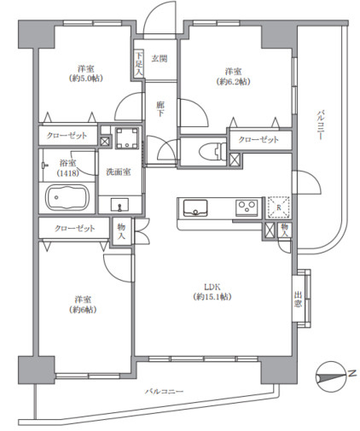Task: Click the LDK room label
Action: [212, 292]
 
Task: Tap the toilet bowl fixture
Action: [211, 151]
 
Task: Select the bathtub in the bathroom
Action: [67, 197]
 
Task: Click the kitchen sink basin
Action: [195, 208]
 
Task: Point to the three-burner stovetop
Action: [247, 207]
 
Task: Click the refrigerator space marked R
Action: [278, 207]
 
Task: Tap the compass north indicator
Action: [331, 376]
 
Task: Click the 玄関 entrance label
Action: [160, 59]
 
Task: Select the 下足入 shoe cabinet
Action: [138, 64]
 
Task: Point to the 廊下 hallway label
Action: [160, 109]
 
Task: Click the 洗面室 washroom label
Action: [119, 172]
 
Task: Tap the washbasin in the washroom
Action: [119, 205]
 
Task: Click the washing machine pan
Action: [127, 138]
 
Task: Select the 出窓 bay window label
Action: [298, 299]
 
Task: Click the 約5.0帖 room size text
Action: [85, 79]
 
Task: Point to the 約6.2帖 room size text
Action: [233, 82]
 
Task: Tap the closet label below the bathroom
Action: [74, 228]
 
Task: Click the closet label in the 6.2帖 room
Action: [258, 139]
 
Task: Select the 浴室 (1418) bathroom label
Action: [67, 167]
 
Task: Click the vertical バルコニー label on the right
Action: [320, 125]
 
